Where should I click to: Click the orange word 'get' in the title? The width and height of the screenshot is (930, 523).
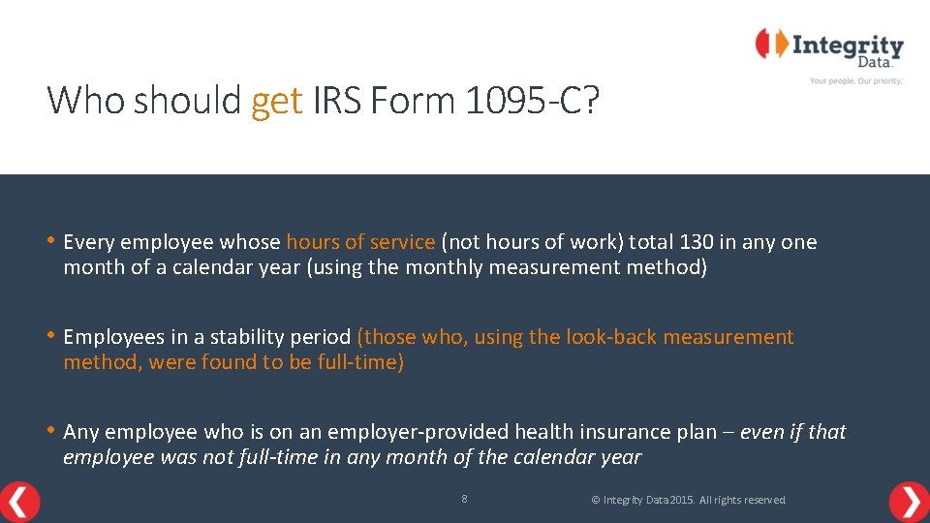[x=276, y=101]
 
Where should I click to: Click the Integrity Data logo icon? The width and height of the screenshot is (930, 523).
[x=771, y=45]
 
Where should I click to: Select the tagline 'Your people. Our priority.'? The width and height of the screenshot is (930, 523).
[x=855, y=81]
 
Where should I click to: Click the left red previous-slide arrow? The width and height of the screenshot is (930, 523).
[x=19, y=501]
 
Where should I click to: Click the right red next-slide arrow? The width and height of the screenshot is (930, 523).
[x=909, y=502]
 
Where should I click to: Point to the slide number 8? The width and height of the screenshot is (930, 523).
[x=464, y=499]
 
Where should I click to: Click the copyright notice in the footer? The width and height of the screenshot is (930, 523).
[x=688, y=500]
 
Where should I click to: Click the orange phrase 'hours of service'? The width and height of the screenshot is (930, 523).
[x=360, y=242]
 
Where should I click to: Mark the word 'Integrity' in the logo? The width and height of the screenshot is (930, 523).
[x=848, y=46]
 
